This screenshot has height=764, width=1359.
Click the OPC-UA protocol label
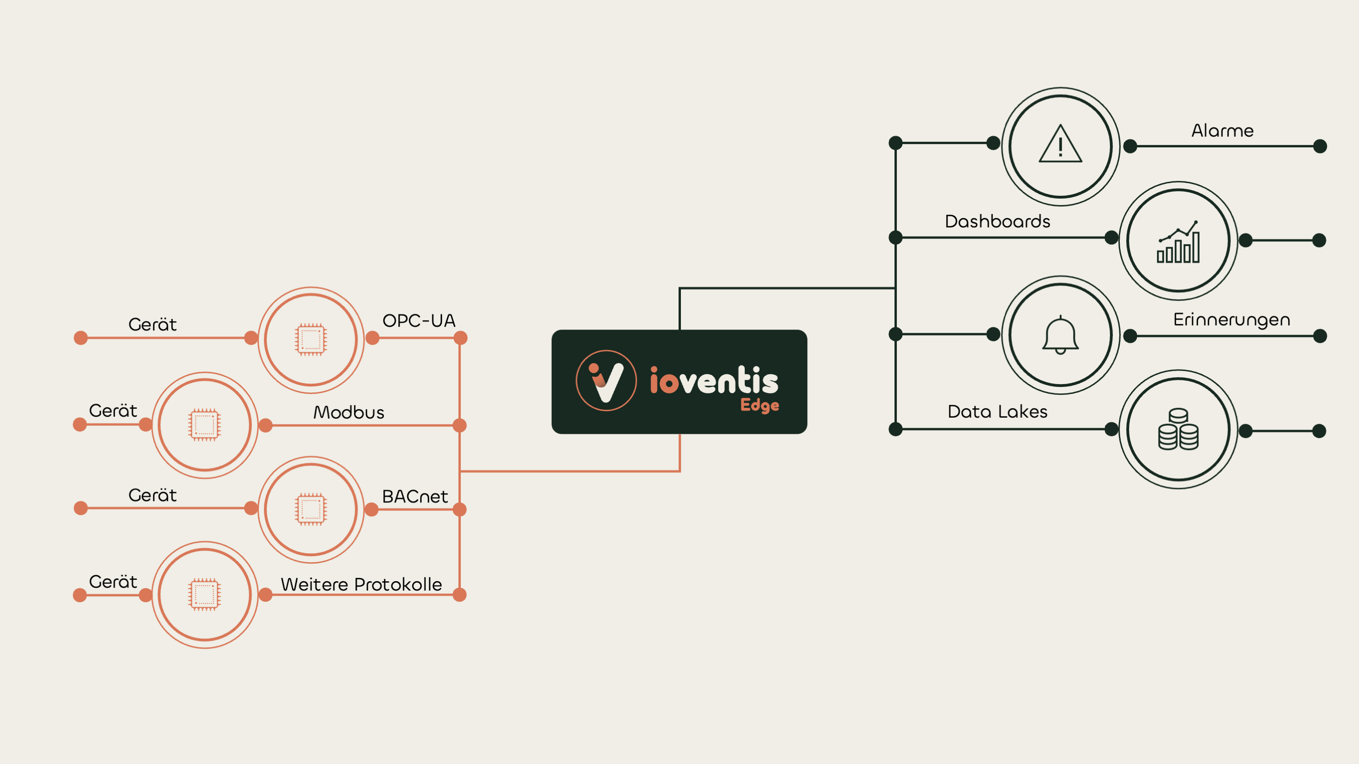coord(418,321)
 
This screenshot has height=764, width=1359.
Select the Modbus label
coord(349,413)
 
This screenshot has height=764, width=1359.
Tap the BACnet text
coord(415,497)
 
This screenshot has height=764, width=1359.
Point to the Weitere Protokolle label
coord(361,584)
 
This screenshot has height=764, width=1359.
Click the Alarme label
coord(1222,131)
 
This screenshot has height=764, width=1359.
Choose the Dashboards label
coord(997,221)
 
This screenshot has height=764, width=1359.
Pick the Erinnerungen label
coord(1231,319)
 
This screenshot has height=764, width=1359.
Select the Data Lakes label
coord(997,412)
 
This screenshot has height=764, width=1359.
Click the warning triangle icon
coord(1061,145)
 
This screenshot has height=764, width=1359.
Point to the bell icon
coord(1061,335)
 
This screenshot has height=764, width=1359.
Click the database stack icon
coord(1178,430)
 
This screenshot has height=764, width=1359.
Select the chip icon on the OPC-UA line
coord(311,339)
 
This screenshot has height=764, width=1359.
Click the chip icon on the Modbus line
coord(205,425)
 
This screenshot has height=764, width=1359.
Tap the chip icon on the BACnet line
coord(311,509)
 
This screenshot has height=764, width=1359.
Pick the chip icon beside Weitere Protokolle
coord(205,595)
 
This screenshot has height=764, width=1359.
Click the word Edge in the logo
coord(760,405)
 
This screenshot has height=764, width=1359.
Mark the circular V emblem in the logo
coord(606,381)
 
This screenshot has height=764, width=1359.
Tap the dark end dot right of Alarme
coord(1319,146)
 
